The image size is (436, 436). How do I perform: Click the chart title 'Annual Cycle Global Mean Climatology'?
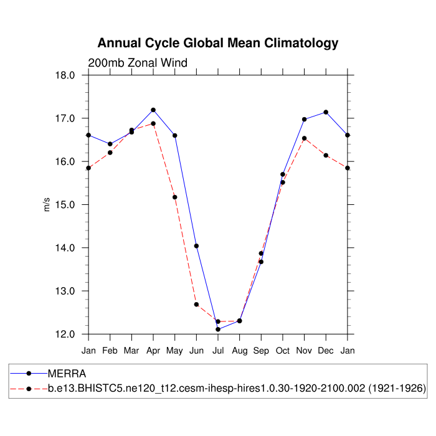click(x=218, y=43)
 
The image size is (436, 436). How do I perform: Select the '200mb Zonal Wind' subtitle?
click(x=137, y=62)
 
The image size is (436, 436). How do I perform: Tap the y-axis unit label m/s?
click(x=46, y=204)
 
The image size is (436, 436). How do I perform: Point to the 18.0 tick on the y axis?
click(x=65, y=75)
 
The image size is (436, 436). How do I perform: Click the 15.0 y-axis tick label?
click(x=65, y=205)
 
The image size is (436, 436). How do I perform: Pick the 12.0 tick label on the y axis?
click(x=65, y=334)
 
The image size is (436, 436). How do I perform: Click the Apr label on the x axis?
click(x=153, y=351)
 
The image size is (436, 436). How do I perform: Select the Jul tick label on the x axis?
click(x=218, y=351)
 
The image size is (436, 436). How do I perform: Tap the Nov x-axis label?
click(x=304, y=351)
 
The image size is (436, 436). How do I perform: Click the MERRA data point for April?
click(x=153, y=110)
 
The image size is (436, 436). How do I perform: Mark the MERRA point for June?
click(x=196, y=246)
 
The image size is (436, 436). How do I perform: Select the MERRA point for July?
click(x=218, y=329)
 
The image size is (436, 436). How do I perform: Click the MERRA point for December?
click(x=326, y=112)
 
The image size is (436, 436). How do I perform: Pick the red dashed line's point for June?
click(x=196, y=305)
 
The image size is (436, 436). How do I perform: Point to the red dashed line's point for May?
click(x=175, y=197)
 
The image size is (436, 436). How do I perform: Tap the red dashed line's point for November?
click(x=304, y=138)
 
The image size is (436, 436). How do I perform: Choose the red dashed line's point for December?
click(x=326, y=155)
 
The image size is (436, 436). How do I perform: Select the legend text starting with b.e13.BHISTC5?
click(x=237, y=389)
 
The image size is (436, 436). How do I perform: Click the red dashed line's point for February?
click(x=110, y=153)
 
